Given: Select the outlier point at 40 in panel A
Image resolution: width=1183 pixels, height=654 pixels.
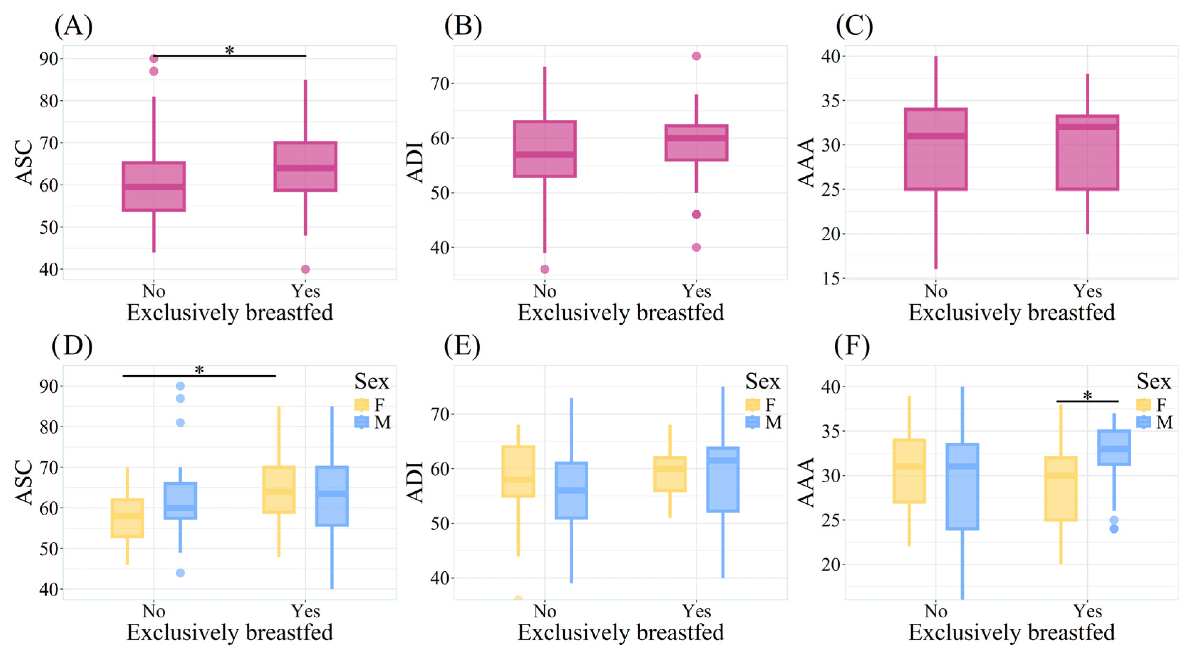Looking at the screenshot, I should [x=306, y=269].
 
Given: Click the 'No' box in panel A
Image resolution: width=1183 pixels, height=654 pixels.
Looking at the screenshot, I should [x=154, y=186].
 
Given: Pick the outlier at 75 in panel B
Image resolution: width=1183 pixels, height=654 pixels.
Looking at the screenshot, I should [x=696, y=56].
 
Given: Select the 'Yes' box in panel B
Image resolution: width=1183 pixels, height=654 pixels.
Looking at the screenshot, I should [x=696, y=143].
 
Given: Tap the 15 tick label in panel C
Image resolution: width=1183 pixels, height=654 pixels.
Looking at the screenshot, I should [x=830, y=278].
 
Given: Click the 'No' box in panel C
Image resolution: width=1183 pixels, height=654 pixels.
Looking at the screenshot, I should [x=936, y=149].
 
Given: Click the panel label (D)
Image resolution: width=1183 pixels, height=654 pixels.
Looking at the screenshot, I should [x=72, y=346].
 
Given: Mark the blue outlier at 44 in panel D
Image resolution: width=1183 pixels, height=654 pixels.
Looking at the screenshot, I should [x=181, y=573].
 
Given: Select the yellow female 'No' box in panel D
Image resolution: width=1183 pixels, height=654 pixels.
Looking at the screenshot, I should [x=127, y=518].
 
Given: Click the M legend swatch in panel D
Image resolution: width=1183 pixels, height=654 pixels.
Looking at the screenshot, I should [x=362, y=422].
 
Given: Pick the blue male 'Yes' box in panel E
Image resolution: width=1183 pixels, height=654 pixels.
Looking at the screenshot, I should [x=723, y=479].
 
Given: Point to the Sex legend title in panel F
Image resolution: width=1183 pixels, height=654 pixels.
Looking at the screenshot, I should [x=1153, y=381].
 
